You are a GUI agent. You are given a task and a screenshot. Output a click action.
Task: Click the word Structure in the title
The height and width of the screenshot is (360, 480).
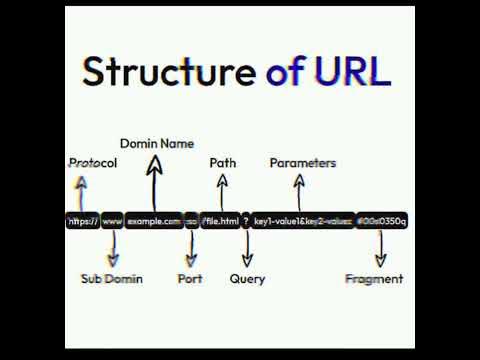(168, 72)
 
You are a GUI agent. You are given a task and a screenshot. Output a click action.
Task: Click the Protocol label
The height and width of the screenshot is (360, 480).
(93, 163)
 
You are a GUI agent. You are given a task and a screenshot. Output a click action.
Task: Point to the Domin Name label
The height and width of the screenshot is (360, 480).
(157, 144)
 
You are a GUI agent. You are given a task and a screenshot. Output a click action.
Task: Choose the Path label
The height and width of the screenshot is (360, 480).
(223, 163)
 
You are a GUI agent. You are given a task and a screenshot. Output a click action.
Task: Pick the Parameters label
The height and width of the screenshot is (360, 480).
(303, 163)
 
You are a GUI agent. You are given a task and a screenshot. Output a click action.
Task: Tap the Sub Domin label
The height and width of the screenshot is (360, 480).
(111, 279)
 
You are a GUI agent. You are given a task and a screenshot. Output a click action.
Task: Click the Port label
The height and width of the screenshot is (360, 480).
(190, 279)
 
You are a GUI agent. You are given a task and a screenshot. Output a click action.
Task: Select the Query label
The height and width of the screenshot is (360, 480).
(247, 279)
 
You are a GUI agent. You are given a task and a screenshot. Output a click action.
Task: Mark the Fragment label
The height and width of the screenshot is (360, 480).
(374, 279)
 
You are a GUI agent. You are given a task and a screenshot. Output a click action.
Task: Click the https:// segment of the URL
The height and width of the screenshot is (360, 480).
(82, 221)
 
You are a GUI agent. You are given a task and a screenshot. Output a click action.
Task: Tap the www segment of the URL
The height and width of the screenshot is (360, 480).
(112, 221)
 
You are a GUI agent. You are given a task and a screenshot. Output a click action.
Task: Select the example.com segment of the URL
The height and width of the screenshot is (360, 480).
(154, 221)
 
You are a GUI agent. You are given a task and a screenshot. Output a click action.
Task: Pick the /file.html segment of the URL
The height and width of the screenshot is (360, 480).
(220, 221)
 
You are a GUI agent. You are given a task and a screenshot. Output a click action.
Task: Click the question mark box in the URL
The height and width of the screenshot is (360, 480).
(246, 221)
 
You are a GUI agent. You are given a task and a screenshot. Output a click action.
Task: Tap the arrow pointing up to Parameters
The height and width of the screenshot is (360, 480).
(300, 191)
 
